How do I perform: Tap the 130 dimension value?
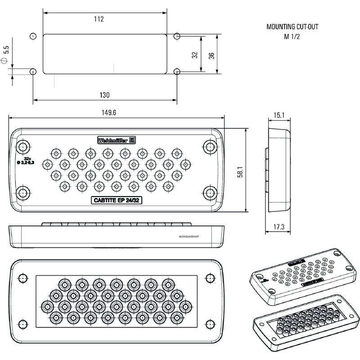pos(104,95)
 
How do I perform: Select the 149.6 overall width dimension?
pos(108,113)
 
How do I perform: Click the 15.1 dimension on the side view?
pos(279,116)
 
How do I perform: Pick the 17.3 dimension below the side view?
pos(279,227)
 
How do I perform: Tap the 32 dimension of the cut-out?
pos(194,54)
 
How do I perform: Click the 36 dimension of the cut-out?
pos(211,54)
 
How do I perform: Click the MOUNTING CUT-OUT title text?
pos(292,27)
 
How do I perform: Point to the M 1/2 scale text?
pos(292,36)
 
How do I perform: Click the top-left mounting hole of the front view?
pos(23,147)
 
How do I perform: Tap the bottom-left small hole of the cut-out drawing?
pos(32,71)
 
